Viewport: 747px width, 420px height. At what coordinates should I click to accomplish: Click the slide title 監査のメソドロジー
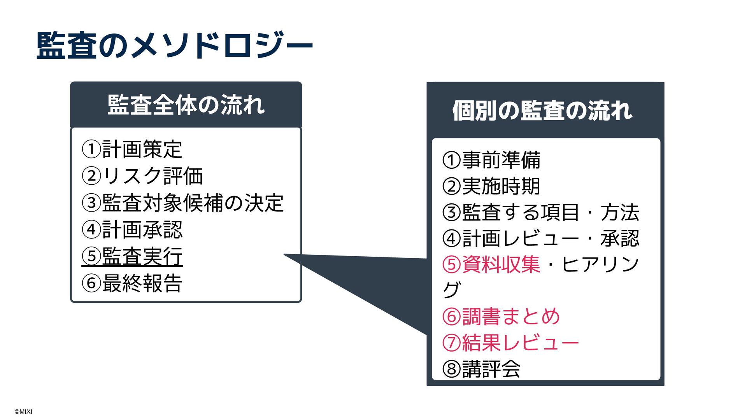[174, 45]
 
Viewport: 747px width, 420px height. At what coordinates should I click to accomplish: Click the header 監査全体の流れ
[186, 105]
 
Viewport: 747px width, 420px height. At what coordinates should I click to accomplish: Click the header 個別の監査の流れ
[542, 111]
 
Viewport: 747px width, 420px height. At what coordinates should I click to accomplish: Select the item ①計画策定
[132, 149]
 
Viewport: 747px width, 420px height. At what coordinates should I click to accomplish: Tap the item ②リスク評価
[142, 176]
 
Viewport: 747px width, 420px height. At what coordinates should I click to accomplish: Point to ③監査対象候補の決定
[182, 203]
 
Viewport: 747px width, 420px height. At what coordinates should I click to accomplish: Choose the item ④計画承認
[132, 230]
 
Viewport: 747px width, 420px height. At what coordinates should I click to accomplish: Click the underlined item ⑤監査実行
[132, 256]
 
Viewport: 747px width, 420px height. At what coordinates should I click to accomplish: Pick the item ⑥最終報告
[132, 283]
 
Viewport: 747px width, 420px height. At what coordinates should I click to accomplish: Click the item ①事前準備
[491, 160]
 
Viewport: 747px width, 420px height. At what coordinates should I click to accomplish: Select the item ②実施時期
[491, 186]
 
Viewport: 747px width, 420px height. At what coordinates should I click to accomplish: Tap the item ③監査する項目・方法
[541, 212]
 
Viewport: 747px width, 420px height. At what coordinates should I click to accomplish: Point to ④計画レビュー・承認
[541, 238]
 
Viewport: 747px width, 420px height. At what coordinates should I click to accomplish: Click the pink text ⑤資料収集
[491, 264]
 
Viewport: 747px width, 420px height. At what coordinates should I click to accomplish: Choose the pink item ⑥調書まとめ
[501, 317]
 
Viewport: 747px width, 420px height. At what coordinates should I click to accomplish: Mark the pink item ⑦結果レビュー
[510, 343]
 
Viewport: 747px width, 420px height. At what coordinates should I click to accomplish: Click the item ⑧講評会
[481, 369]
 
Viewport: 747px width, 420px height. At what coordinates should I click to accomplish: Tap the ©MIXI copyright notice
[23, 411]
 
